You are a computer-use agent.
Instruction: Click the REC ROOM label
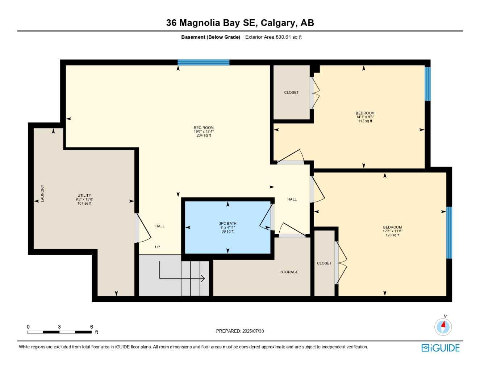[204, 128]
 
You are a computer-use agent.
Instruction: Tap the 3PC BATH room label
[228, 224]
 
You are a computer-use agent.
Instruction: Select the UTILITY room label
[84, 196]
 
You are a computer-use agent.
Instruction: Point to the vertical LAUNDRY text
[42, 193]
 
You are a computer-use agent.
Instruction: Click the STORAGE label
[289, 272]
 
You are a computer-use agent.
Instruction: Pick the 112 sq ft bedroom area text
[365, 121]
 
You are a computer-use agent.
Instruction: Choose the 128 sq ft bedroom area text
[392, 235]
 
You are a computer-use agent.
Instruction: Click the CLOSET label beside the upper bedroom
[291, 92]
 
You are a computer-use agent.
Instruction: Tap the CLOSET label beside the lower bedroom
[324, 263]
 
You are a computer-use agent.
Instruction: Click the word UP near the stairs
[158, 247]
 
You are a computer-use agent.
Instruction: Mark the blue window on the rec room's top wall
[203, 62]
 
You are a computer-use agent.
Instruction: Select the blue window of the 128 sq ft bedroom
[449, 232]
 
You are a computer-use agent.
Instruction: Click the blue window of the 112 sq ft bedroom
[427, 84]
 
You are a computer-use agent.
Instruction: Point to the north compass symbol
[443, 326]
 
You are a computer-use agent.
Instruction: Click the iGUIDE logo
[441, 348]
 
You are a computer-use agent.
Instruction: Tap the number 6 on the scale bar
[92, 327]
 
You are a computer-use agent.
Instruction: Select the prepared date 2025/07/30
[253, 331]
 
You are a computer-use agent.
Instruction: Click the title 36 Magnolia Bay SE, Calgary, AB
[240, 23]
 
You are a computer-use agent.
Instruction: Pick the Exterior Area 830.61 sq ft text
[273, 37]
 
